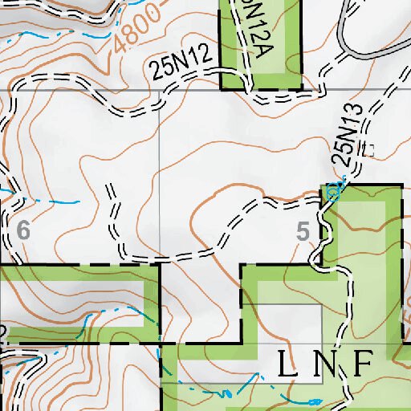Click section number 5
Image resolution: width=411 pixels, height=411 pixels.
point(303,232)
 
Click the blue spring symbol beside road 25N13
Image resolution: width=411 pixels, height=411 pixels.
point(334,191)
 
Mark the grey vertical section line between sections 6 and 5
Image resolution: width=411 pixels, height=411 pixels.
point(160,161)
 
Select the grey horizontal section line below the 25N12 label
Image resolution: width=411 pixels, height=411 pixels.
point(104,89)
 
